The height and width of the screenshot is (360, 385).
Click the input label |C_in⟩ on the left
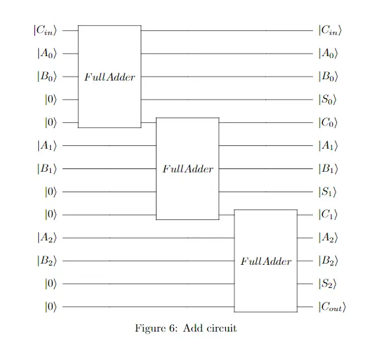click(45, 30)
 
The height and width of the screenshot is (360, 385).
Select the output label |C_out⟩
click(332, 306)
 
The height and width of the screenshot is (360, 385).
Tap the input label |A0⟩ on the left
click(47, 54)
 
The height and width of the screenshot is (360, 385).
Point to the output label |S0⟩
click(328, 100)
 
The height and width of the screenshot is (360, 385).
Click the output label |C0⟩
click(328, 122)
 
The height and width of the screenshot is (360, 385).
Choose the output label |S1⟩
click(328, 192)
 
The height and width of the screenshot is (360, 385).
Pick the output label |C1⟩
click(328, 215)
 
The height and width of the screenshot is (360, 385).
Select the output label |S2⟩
click(328, 283)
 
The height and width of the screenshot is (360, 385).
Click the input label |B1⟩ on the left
click(47, 168)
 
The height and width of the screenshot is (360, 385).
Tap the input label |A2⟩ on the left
click(47, 238)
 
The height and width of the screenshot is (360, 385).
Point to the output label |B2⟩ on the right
click(328, 261)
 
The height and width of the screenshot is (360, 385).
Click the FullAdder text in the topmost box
click(110, 77)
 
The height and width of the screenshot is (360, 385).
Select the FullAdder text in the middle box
click(188, 169)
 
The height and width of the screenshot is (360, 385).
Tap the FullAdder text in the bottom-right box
click(266, 262)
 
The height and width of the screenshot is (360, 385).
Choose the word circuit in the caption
click(222, 328)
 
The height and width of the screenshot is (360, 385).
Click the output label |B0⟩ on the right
click(328, 77)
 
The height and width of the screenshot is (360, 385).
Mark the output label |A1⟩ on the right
click(328, 145)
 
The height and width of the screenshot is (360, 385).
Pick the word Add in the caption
click(193, 328)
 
